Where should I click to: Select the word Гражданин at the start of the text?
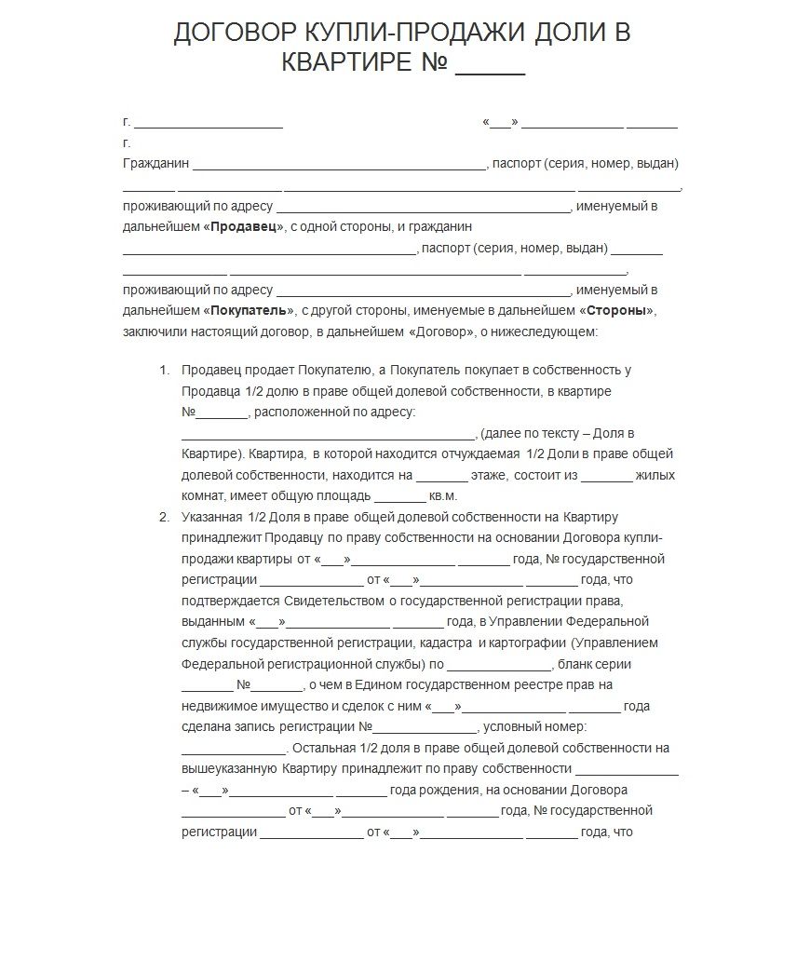click(155, 163)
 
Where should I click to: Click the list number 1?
click(164, 370)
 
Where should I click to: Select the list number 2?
click(164, 517)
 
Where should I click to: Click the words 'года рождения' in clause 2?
click(433, 790)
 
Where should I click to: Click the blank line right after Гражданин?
click(339, 166)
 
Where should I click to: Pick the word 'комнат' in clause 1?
click(201, 496)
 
